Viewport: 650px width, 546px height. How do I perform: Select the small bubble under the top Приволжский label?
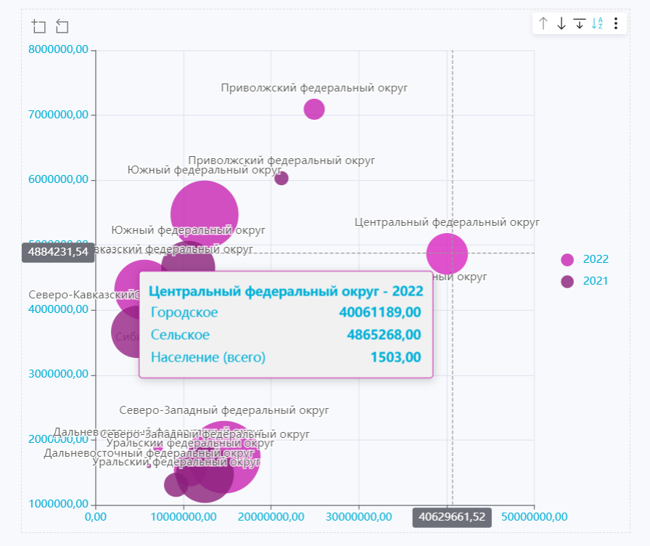click(313, 109)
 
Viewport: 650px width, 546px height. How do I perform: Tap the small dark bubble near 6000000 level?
click(281, 178)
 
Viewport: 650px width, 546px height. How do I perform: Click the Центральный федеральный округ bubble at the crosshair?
click(447, 253)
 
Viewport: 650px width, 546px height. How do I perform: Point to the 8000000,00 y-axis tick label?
click(59, 49)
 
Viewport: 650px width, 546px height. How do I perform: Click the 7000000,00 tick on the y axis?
click(59, 114)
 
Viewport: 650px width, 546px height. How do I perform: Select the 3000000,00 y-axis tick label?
click(59, 374)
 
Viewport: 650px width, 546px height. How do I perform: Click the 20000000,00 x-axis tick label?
click(272, 517)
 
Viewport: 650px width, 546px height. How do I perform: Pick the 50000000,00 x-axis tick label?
click(535, 517)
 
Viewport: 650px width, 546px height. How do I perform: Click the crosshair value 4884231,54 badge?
click(58, 253)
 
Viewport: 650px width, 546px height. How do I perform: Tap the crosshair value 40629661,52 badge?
click(452, 517)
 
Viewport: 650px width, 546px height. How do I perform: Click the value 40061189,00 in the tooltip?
click(379, 312)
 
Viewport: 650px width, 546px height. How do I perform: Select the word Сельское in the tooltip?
click(180, 335)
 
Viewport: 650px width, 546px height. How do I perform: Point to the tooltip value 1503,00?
click(395, 356)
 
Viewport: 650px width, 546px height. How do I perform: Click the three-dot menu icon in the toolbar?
click(615, 24)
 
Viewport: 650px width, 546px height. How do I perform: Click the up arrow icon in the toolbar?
click(543, 24)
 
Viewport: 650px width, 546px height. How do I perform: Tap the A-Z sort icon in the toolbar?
click(597, 24)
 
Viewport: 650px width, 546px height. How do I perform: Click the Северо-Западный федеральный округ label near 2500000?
click(224, 410)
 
